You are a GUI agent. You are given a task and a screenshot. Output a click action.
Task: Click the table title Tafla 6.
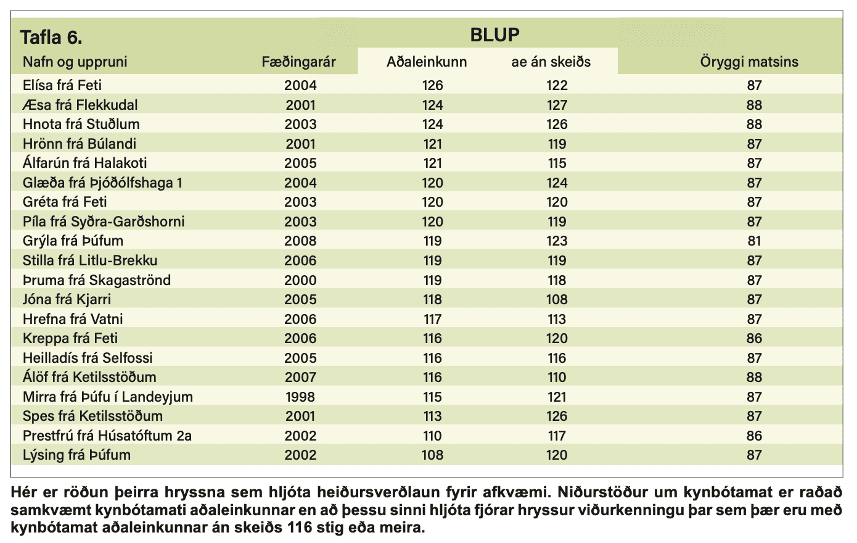point(51,38)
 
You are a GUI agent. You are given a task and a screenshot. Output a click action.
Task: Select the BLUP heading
point(494,35)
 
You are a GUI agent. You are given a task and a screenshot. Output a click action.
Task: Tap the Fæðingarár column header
point(298,62)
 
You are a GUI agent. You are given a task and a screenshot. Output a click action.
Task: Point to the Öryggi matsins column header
point(749,62)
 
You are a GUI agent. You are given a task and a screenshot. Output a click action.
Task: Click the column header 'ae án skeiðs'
point(551,62)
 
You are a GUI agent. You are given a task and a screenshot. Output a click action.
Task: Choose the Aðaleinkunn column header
point(427,62)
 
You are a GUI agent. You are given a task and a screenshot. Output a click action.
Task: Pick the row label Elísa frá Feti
point(62,85)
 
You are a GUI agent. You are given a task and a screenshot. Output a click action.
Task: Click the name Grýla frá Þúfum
point(73,241)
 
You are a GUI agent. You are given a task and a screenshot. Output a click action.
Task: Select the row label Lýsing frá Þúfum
point(76,455)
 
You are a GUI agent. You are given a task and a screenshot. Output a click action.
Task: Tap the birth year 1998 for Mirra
point(300,397)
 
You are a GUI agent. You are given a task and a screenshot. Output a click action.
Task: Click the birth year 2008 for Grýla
point(300,241)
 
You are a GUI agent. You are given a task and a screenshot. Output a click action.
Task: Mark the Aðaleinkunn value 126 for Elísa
point(432,85)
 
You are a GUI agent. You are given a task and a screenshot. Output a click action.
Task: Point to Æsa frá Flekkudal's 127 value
point(557,105)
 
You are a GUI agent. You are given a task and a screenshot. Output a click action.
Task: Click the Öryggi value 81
point(754,241)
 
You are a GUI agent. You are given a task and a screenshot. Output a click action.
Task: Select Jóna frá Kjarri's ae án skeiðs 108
point(557,299)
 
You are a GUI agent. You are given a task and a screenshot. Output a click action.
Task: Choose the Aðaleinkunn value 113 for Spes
point(432,417)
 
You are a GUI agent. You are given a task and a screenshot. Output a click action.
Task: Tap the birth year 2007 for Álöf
point(300,377)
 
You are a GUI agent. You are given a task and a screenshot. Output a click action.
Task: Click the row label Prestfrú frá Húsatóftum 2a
point(107,436)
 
